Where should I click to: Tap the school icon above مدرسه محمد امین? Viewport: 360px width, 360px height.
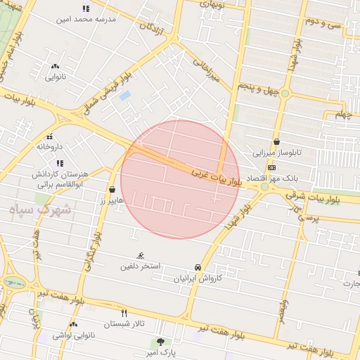(86, 8)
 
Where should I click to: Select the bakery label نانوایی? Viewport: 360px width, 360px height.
(56, 77)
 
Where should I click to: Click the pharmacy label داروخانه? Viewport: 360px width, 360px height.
(50, 146)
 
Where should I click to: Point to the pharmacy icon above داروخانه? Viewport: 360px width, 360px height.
(49, 136)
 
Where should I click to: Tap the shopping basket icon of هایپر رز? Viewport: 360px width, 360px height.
(112, 190)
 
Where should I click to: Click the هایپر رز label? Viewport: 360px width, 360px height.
(111, 201)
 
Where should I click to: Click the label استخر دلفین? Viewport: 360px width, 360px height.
(140, 266)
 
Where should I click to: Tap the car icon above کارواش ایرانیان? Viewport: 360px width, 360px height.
(198, 268)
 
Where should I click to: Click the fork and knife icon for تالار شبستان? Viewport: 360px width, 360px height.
(124, 313)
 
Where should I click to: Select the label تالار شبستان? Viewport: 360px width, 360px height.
(124, 324)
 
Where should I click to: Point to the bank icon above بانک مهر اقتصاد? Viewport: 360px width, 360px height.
(272, 167)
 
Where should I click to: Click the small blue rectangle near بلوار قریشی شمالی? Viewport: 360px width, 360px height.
(125, 95)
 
